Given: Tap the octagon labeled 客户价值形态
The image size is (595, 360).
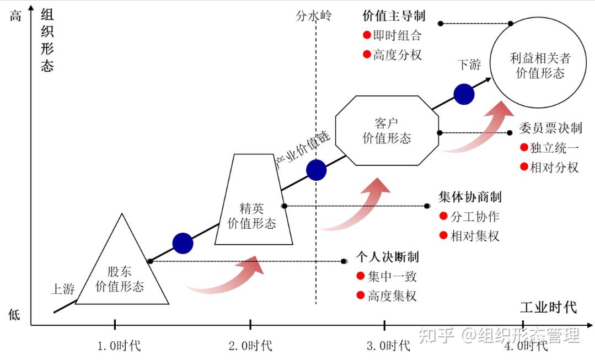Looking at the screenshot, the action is (x=387, y=131).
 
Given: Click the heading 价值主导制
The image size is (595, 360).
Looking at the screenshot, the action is (x=394, y=16).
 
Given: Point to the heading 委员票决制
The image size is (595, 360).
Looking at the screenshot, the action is (x=550, y=128).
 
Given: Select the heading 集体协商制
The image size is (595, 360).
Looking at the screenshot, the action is (x=470, y=197).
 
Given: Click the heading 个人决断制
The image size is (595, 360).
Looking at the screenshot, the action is (x=388, y=257).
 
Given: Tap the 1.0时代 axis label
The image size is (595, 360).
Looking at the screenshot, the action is (x=119, y=346).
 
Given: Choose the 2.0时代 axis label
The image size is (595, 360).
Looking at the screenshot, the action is (x=250, y=346).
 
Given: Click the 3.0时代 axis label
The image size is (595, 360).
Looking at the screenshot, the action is (x=388, y=346).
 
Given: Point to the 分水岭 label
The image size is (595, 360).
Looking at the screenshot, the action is (x=313, y=16).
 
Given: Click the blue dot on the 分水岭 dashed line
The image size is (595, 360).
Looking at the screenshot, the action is (x=316, y=170).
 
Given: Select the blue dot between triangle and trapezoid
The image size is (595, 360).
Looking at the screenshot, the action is (x=183, y=243).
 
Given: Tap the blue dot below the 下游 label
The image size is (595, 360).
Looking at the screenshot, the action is (x=464, y=94).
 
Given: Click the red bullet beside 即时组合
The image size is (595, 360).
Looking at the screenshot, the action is (x=367, y=35).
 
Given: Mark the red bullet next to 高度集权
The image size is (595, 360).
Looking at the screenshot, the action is (x=361, y=295).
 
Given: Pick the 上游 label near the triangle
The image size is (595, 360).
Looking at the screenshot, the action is (x=63, y=289).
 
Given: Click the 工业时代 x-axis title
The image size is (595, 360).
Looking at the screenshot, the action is (x=549, y=307).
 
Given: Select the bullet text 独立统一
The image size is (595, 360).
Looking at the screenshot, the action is (x=554, y=148).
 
